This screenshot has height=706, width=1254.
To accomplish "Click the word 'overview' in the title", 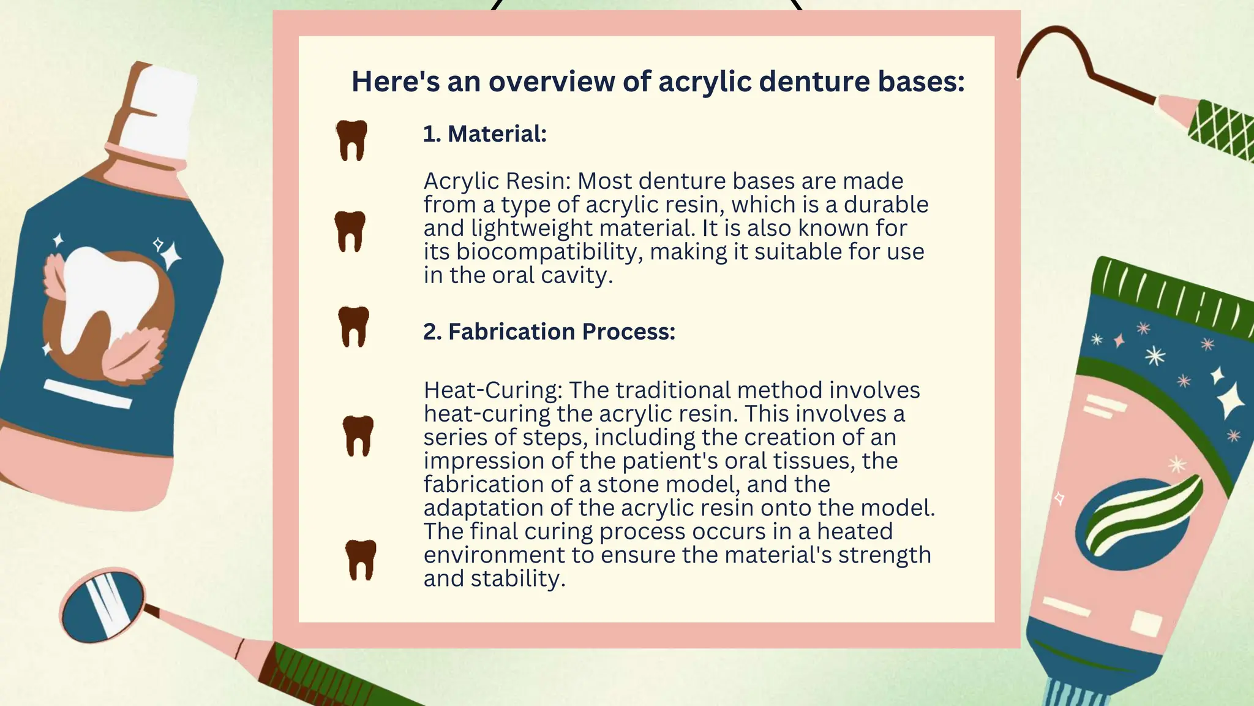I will pyautogui.click(x=551, y=82).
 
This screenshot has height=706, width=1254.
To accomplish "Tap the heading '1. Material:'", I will pyautogui.click(x=484, y=134).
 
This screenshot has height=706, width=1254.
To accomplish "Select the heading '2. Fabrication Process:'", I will pyautogui.click(x=549, y=332).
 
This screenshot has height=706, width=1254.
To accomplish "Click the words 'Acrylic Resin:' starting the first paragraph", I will pyautogui.click(x=497, y=181).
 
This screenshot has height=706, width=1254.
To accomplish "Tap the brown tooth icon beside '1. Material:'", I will pyautogui.click(x=351, y=140).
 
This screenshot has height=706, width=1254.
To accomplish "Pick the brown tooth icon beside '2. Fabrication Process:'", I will pyautogui.click(x=354, y=326).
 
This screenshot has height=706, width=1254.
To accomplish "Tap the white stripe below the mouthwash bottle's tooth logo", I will pyautogui.click(x=88, y=393).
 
